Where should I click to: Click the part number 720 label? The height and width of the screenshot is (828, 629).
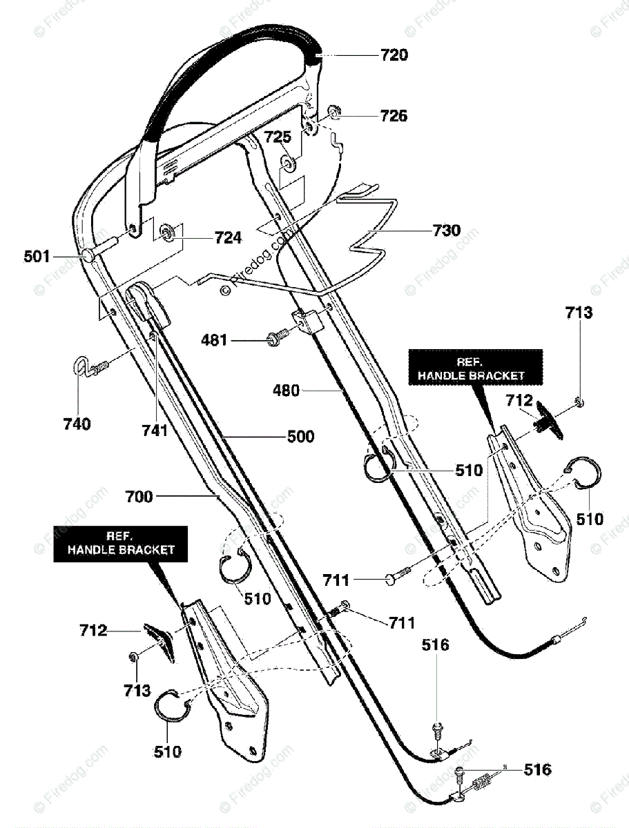(x=394, y=55)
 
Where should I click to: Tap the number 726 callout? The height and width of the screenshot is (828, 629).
(x=394, y=116)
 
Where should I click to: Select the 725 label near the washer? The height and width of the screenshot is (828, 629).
(x=278, y=137)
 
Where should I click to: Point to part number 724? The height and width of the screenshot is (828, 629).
(x=228, y=237)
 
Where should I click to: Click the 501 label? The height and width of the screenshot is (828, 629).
(x=37, y=257)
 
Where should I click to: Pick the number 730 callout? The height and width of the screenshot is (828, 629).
(x=447, y=230)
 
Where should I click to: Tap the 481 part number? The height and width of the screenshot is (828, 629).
(x=214, y=340)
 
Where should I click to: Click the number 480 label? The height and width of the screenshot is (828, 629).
(x=286, y=391)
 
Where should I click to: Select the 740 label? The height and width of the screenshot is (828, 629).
(x=77, y=424)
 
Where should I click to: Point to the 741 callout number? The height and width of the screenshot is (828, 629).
(x=155, y=431)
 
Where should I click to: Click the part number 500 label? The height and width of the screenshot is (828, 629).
(x=301, y=437)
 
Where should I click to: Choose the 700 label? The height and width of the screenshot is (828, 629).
(x=139, y=496)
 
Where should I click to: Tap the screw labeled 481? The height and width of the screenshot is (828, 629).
(x=278, y=338)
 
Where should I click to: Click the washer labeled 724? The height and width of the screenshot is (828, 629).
(x=166, y=232)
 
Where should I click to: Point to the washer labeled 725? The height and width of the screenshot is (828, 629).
(x=289, y=164)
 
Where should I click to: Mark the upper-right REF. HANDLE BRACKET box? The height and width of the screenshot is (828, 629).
(x=476, y=367)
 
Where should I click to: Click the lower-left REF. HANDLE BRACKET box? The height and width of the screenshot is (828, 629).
(x=120, y=544)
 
